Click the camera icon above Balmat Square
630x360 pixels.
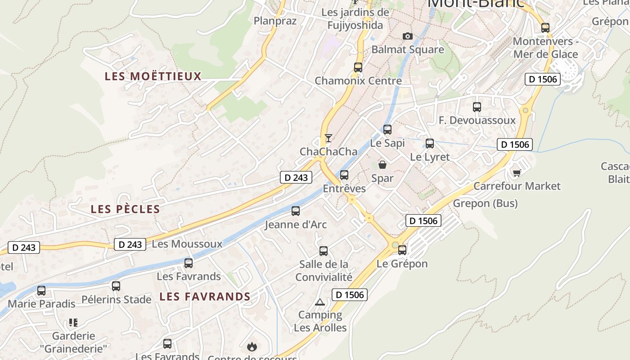click(x=407, y=36)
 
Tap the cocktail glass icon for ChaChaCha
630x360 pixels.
click(x=328, y=138)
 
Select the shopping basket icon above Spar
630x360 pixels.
click(x=382, y=165)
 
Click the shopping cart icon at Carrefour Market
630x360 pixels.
click(x=517, y=172)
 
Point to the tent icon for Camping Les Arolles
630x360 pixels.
click(x=320, y=301)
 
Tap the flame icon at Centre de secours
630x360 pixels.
click(x=252, y=346)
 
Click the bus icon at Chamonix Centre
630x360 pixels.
click(x=358, y=67)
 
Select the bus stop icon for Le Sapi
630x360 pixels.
click(x=387, y=130)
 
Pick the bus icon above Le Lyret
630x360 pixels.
click(x=430, y=144)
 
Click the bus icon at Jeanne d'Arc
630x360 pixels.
click(x=296, y=211)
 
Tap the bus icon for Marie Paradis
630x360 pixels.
click(x=41, y=291)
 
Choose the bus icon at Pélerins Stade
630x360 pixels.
click(x=116, y=286)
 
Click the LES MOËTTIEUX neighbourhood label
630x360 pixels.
click(x=153, y=76)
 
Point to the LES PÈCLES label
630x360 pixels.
click(x=126, y=209)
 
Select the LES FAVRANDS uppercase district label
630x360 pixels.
click(x=205, y=297)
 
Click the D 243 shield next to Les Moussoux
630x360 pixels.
click(x=130, y=244)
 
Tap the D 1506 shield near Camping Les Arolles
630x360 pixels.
click(x=350, y=295)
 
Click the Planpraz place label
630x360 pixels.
click(x=275, y=21)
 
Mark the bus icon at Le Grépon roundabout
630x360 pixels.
click(x=402, y=250)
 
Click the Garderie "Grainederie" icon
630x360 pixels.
click(x=73, y=322)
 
